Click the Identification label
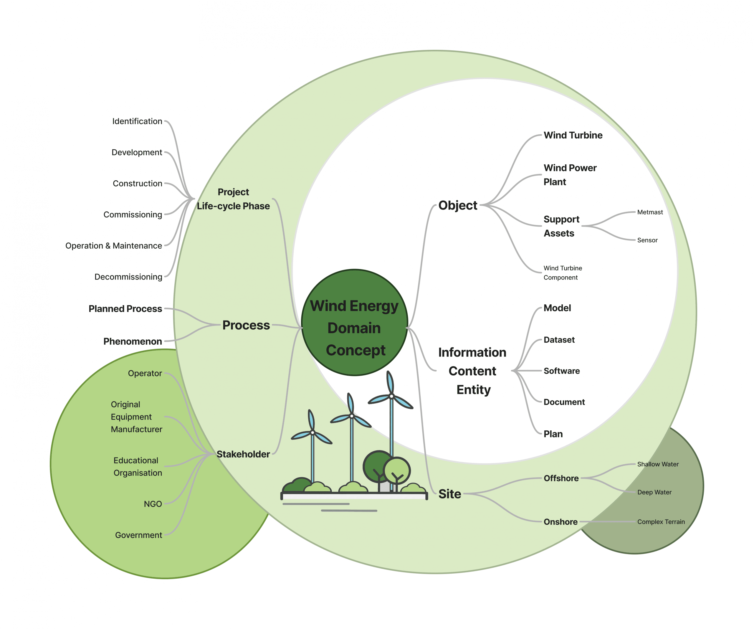point(137,121)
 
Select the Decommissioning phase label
point(128,277)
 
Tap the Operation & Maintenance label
point(113,246)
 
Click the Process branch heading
point(246,325)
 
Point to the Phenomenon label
point(133,341)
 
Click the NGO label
point(153,504)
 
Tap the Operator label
point(145,373)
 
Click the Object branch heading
point(457,205)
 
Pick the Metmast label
point(650,212)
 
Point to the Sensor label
point(647,240)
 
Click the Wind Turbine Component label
point(562,273)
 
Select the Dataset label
point(559,340)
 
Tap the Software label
point(562,371)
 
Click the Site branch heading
point(449,494)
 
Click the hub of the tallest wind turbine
point(391,396)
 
